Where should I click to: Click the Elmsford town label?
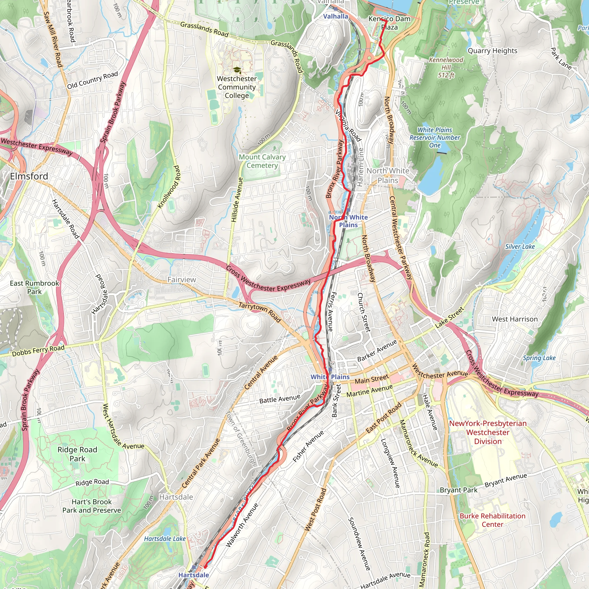[29, 176]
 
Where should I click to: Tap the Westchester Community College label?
[237, 87]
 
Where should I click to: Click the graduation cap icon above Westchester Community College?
[237, 70]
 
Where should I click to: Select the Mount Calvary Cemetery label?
[262, 161]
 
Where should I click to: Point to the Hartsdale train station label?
[194, 575]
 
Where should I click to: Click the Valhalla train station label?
[335, 16]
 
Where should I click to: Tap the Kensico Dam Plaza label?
[389, 23]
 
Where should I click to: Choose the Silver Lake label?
[520, 247]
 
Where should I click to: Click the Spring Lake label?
[539, 358]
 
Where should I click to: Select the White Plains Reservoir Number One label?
[435, 137]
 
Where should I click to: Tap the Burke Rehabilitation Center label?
[492, 520]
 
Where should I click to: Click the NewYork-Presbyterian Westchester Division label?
[488, 432]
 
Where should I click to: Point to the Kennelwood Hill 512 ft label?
[446, 67]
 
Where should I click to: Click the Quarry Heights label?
[492, 51]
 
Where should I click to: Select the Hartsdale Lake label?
[165, 539]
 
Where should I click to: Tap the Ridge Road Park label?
[77, 454]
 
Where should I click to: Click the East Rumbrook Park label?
[35, 288]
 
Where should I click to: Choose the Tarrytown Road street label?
[260, 312]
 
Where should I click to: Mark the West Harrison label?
[515, 319]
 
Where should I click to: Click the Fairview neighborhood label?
[182, 280]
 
